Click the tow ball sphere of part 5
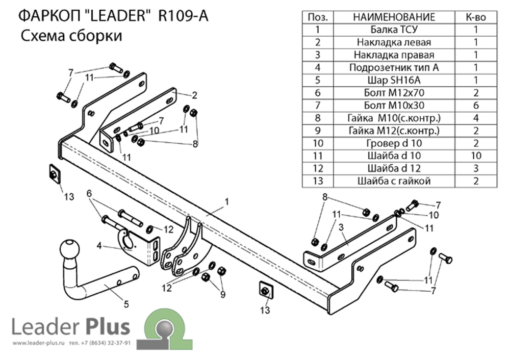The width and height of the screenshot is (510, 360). (x=69, y=249)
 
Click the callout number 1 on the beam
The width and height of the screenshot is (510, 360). (x=227, y=202)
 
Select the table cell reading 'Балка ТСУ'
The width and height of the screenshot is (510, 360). (x=394, y=30)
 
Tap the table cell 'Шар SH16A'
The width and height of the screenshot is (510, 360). (x=394, y=80)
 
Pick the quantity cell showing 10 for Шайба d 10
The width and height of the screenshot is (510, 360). (x=476, y=156)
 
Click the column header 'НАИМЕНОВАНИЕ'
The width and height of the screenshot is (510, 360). (x=394, y=17)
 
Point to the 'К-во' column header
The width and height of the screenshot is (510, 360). (x=476, y=17)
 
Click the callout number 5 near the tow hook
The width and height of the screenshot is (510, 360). (x=126, y=304)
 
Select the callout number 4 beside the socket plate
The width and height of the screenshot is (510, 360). (x=99, y=246)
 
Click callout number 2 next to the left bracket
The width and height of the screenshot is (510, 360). (x=194, y=95)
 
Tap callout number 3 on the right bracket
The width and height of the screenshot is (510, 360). (x=341, y=227)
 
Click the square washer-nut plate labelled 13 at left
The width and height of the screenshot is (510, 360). (x=55, y=174)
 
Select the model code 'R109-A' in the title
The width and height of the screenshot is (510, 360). (x=183, y=16)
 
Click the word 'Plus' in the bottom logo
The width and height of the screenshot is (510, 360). (x=108, y=327)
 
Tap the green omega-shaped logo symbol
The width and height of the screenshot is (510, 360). (x=165, y=329)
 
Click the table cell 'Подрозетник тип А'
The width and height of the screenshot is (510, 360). (x=394, y=68)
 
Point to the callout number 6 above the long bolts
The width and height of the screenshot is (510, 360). (x=89, y=194)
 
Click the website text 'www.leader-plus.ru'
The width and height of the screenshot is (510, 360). (x=39, y=343)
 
